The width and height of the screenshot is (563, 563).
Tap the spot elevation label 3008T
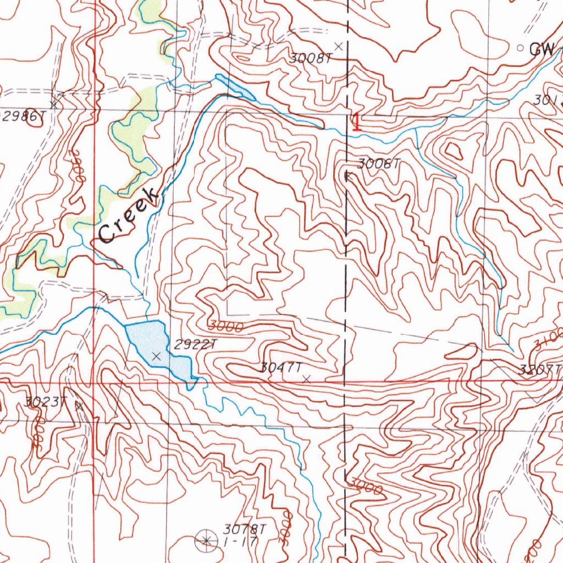pyautogui.click(x=311, y=58)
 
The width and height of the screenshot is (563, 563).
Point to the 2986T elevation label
pyautogui.click(x=23, y=116)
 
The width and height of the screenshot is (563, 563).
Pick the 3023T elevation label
pyautogui.click(x=45, y=401)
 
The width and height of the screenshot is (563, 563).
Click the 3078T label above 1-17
pyautogui.click(x=245, y=529)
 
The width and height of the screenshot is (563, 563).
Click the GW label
pyautogui.click(x=542, y=49)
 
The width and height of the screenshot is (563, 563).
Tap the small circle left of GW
pyautogui.click(x=521, y=48)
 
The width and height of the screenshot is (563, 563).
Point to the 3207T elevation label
pyautogui.click(x=540, y=369)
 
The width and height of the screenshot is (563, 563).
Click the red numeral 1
pyautogui.click(x=357, y=122)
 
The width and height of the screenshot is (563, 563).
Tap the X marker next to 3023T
pyautogui.click(x=79, y=406)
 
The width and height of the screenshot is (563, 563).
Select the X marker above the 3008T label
pyautogui.click(x=339, y=46)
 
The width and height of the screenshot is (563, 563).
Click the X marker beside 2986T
pyautogui.click(x=53, y=104)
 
